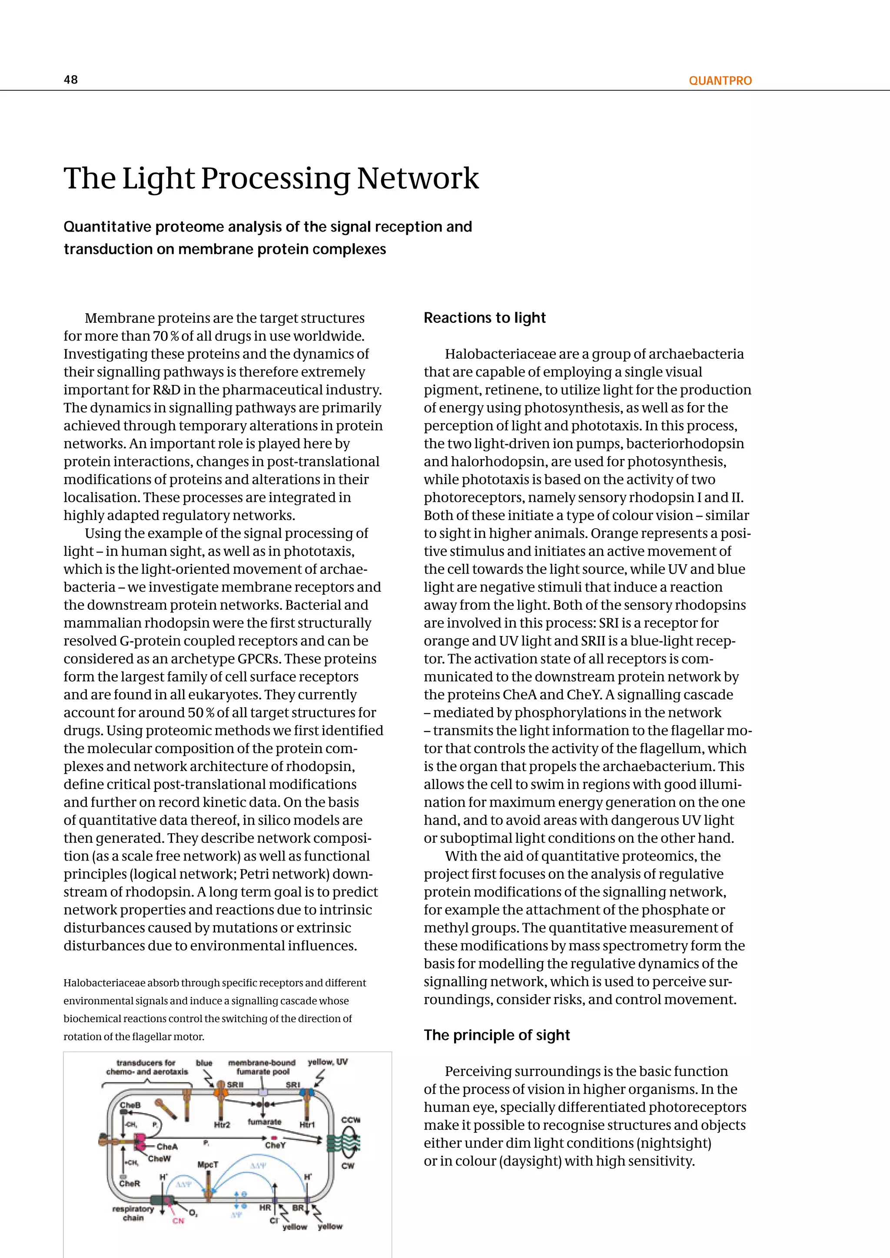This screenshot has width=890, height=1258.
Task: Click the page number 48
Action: (71, 79)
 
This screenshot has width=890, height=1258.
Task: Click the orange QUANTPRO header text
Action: (720, 80)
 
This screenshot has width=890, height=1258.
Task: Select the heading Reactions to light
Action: (485, 318)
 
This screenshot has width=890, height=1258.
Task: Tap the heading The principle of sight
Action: (497, 1035)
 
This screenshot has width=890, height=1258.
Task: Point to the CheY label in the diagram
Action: (275, 1145)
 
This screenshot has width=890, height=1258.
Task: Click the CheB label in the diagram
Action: (130, 1105)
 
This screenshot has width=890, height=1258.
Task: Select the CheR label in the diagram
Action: (130, 1183)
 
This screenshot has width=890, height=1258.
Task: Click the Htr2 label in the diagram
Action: (222, 1125)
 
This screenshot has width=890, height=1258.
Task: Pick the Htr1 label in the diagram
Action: (307, 1125)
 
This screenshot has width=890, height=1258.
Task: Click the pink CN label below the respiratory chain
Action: (179, 1221)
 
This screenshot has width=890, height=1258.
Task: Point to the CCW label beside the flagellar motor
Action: (350, 1120)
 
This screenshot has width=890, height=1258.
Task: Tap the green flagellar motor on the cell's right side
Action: (335, 1142)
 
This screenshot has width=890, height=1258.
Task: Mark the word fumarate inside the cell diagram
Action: (264, 1122)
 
